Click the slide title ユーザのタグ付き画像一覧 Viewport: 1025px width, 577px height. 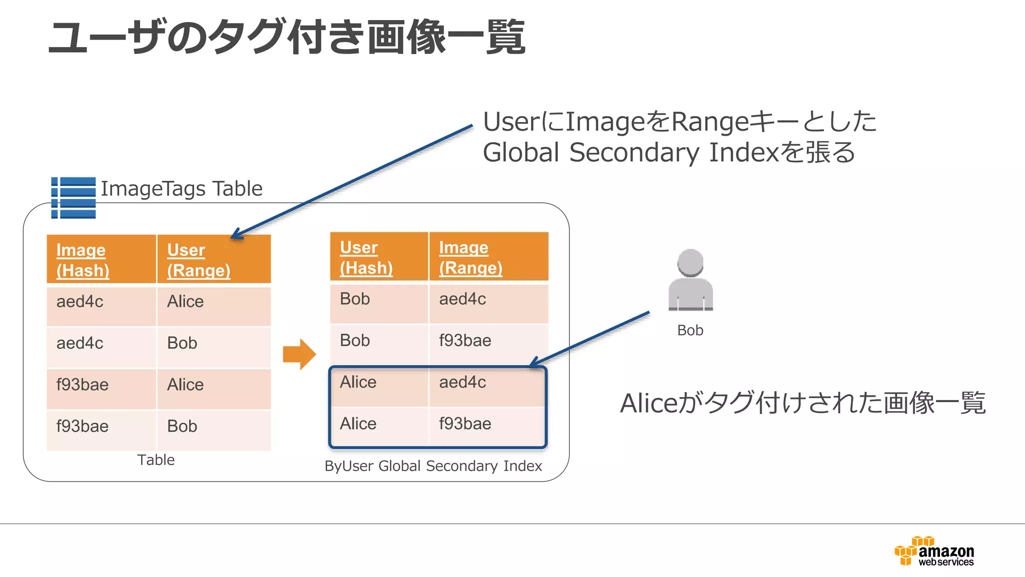click(x=286, y=37)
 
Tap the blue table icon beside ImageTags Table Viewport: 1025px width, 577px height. click(x=74, y=198)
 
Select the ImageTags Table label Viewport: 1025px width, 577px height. click(x=181, y=189)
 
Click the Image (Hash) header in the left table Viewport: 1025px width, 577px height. click(x=83, y=260)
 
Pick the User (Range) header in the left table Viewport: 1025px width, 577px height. click(x=199, y=260)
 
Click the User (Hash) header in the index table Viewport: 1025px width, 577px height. click(x=366, y=257)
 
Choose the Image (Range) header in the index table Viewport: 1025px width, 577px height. click(x=470, y=257)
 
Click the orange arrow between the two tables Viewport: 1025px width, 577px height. click(x=299, y=354)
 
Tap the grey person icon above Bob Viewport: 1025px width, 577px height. click(x=690, y=280)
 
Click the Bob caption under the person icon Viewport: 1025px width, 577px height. click(x=690, y=331)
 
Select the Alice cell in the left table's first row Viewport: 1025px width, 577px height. click(x=186, y=302)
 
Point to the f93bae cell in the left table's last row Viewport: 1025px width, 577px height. click(x=83, y=426)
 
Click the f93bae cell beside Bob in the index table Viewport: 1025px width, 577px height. click(x=465, y=341)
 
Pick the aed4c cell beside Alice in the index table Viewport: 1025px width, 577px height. click(x=462, y=382)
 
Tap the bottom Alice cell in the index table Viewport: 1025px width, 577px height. click(x=358, y=424)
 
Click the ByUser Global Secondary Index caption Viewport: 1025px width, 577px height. click(x=433, y=466)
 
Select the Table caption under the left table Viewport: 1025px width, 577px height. click(x=156, y=460)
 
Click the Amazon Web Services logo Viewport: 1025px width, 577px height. click(x=934, y=551)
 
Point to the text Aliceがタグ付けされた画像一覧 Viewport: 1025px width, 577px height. click(x=802, y=403)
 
